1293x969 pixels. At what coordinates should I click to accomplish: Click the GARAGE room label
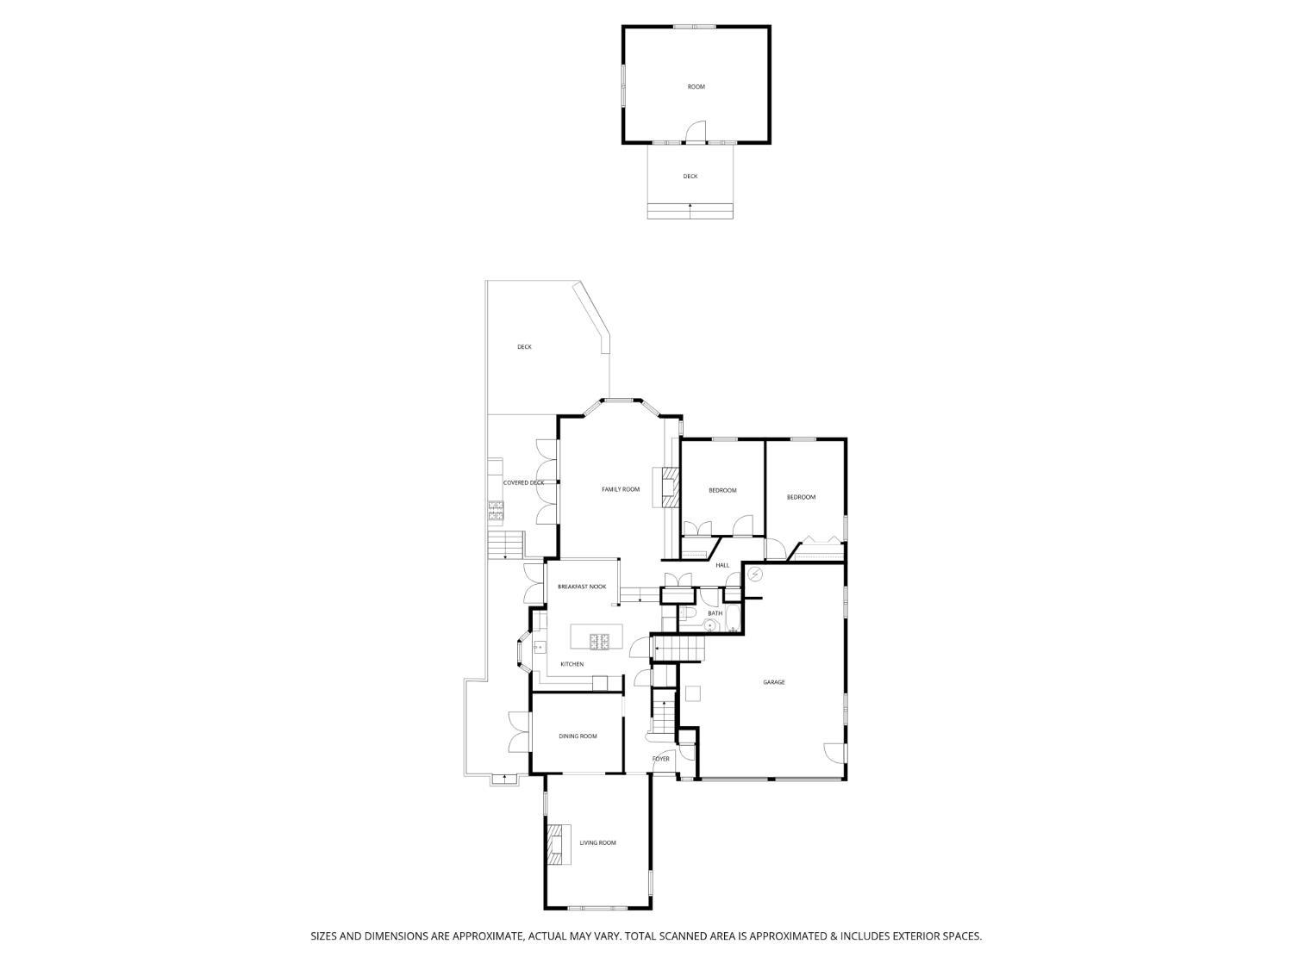[773, 682]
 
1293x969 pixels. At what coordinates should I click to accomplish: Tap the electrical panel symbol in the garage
[754, 573]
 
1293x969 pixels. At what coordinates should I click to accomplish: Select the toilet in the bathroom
[686, 615]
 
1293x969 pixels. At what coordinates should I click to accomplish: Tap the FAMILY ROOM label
[621, 489]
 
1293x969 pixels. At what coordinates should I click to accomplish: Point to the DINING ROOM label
[578, 736]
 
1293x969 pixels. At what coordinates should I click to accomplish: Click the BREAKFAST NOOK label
[581, 587]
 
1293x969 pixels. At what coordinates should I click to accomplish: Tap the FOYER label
[660, 759]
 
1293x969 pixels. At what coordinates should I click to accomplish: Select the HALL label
[722, 565]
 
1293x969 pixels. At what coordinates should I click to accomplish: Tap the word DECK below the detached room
[690, 177]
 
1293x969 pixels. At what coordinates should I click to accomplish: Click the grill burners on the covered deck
[496, 510]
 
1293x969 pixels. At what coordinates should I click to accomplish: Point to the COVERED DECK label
[523, 483]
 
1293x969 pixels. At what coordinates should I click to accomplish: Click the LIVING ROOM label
[597, 843]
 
